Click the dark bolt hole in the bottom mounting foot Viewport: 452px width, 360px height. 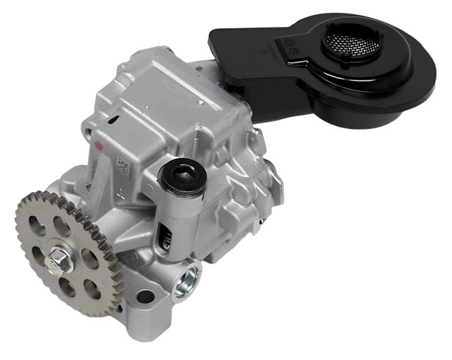(x=145, y=297)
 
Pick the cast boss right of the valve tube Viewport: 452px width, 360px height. (x=212, y=198)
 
